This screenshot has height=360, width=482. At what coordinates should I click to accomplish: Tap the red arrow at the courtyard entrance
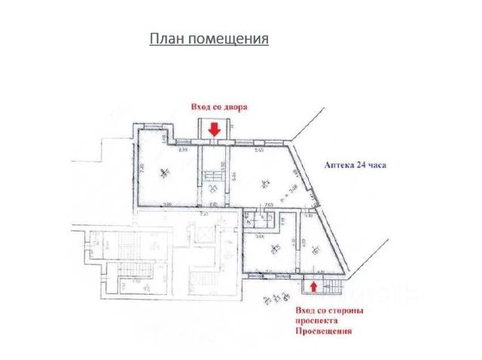pyautogui.click(x=214, y=130)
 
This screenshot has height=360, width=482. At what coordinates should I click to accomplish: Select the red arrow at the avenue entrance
pyautogui.click(x=313, y=287)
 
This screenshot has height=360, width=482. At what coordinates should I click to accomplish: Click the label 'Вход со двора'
pyautogui.click(x=219, y=107)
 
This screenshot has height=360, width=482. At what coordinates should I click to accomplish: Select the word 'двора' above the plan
pyautogui.click(x=236, y=107)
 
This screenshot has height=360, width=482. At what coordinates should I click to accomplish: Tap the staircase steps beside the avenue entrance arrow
pyautogui.click(x=329, y=285)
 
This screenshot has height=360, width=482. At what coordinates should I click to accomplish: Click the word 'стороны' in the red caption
pyautogui.click(x=347, y=310)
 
